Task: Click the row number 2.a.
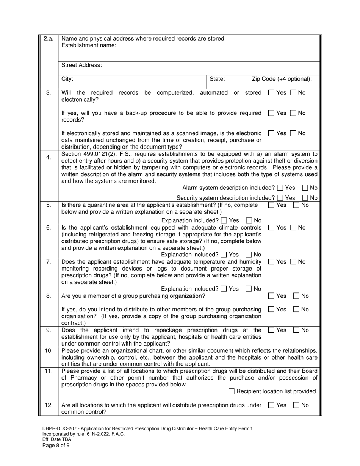[x=49, y=38]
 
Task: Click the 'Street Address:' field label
[x=81, y=65]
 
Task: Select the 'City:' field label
[x=67, y=79]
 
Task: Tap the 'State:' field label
[x=218, y=79]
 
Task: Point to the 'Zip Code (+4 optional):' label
[x=282, y=79]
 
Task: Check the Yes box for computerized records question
[x=271, y=93]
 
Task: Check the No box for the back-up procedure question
[x=293, y=113]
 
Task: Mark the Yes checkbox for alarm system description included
[x=280, y=188]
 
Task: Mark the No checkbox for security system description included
[x=305, y=198]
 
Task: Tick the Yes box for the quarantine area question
[x=271, y=205]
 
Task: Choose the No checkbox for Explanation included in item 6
[x=249, y=255]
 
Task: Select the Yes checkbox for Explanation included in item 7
[x=224, y=289]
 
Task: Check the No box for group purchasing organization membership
[x=297, y=296]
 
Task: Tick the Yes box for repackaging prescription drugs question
[x=271, y=330]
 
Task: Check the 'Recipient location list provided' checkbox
[x=232, y=391]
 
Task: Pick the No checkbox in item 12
[x=297, y=405]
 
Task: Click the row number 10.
[x=49, y=350]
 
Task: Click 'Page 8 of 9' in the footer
[x=56, y=446]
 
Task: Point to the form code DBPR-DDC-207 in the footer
[x=60, y=428]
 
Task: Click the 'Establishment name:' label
[x=89, y=45]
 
